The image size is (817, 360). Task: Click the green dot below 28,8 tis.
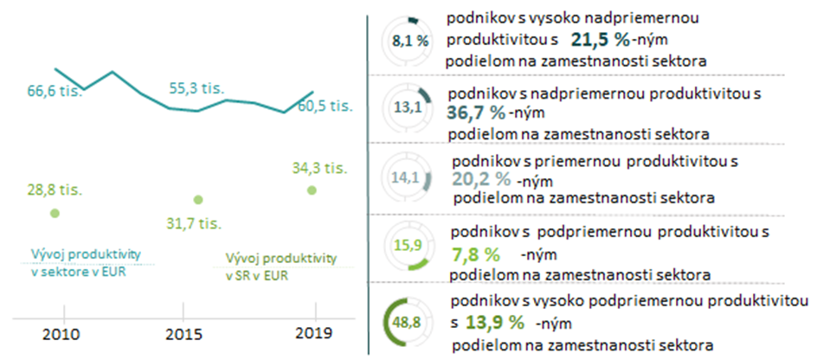click(55, 212)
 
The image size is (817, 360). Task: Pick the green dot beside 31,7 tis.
click(198, 200)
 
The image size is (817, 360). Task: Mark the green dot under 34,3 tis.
click(312, 190)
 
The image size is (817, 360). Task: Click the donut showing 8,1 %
click(410, 40)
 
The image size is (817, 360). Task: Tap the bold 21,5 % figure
click(598, 40)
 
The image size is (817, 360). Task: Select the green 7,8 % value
click(476, 254)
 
